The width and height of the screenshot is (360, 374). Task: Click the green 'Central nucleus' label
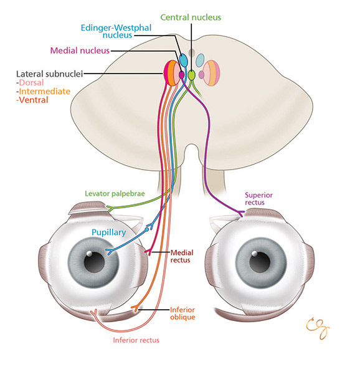(x=191, y=17)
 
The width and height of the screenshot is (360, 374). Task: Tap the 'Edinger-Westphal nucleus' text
(x=116, y=31)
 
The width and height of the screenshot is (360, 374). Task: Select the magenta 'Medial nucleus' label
(x=80, y=50)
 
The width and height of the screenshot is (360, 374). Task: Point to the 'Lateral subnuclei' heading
(x=50, y=74)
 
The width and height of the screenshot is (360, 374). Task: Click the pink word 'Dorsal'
(x=31, y=82)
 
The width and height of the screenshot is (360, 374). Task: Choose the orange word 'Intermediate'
(x=45, y=92)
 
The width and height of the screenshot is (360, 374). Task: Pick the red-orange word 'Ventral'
(x=34, y=100)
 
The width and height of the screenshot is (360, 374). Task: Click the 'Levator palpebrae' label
(x=115, y=194)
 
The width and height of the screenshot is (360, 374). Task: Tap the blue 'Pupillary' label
(x=109, y=233)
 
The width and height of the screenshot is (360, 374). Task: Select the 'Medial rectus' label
(x=182, y=256)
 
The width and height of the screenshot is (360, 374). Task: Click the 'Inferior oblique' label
(x=182, y=314)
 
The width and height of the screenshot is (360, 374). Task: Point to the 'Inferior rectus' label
(x=136, y=340)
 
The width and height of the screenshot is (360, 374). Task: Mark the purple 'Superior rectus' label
(x=258, y=199)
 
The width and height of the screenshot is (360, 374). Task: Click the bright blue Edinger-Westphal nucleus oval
(x=183, y=60)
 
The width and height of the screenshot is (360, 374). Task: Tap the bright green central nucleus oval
(x=192, y=75)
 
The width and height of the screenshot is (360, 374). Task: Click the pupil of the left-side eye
(x=94, y=262)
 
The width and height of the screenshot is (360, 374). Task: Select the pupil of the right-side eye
(x=260, y=262)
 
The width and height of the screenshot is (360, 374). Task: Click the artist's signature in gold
(x=318, y=328)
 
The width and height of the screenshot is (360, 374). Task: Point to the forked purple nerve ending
(x=241, y=213)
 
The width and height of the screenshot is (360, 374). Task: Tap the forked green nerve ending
(x=110, y=208)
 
